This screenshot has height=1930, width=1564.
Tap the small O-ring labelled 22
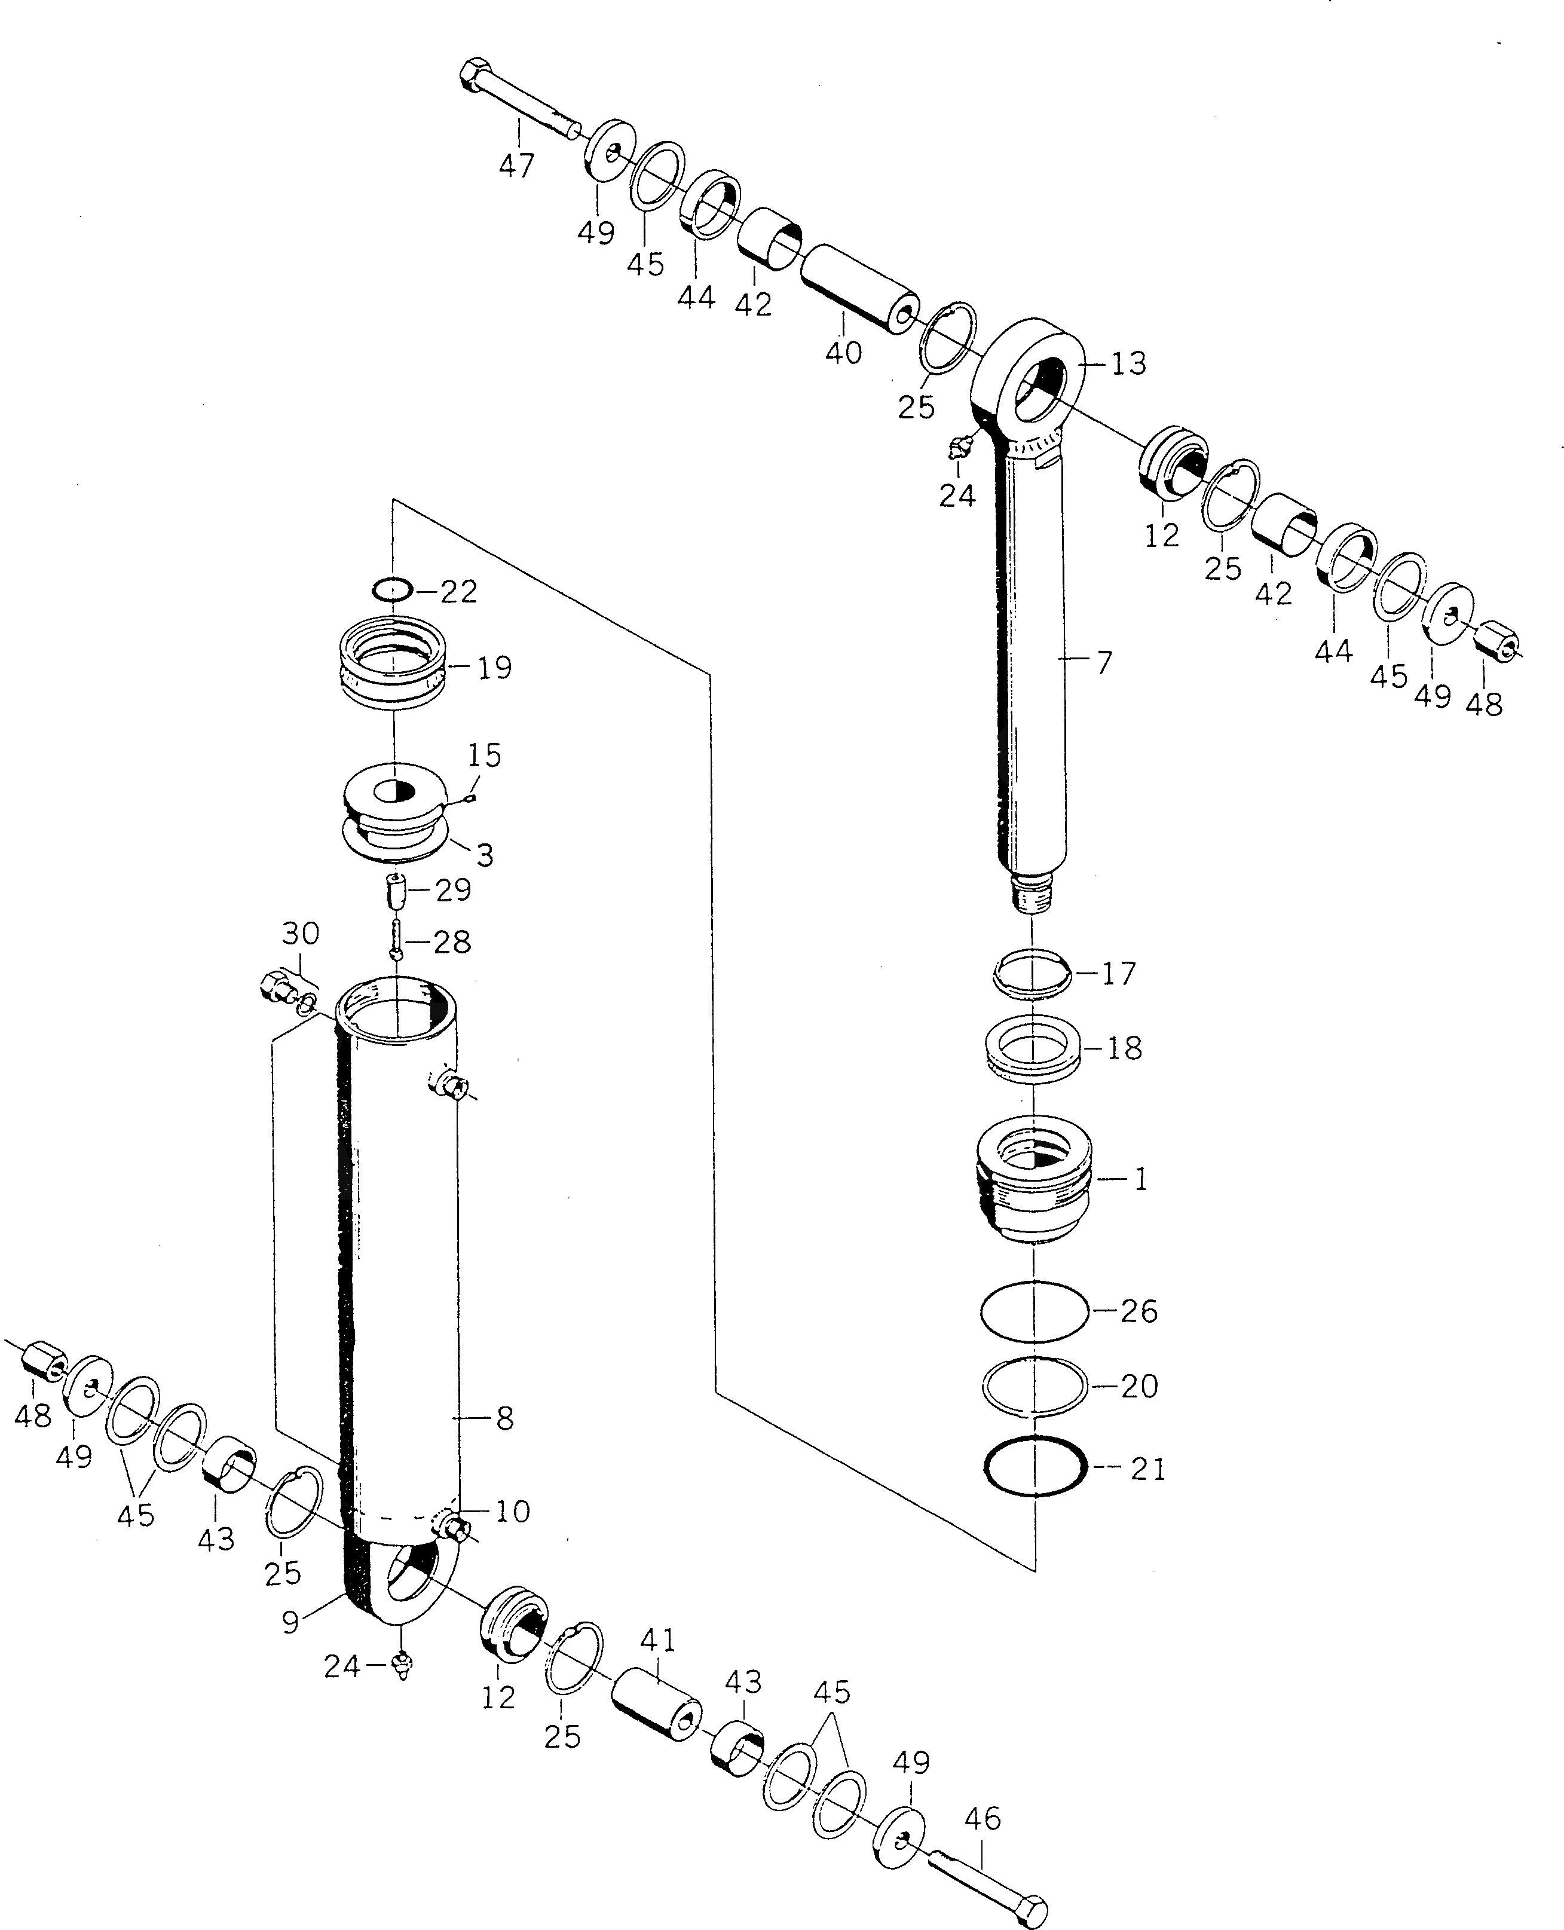tap(393, 590)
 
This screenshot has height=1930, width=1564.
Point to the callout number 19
tap(495, 668)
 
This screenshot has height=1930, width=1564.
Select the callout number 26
tap(1138, 1311)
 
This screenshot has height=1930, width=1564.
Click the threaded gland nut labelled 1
tap(1034, 1180)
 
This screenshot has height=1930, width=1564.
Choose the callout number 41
tap(657, 1640)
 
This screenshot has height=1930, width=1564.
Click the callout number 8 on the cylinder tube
tap(504, 1418)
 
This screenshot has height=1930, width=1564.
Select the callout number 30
tap(300, 934)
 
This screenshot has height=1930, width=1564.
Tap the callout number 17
tap(1118, 974)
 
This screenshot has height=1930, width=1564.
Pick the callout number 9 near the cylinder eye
tap(290, 1622)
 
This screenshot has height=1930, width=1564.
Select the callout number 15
tap(485, 755)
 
